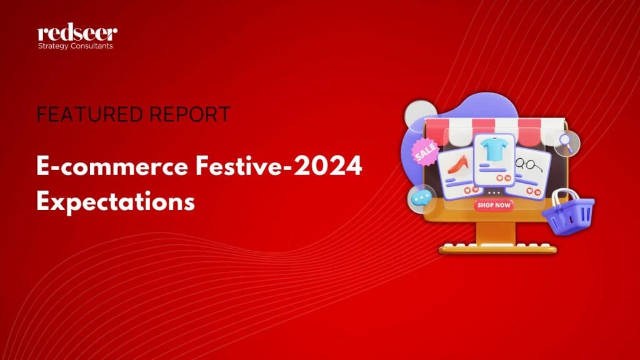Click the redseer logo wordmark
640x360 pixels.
pos(77,32)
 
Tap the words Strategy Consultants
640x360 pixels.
pos(76,46)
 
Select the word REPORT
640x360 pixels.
pos(190,114)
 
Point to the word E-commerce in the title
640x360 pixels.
pos(112,166)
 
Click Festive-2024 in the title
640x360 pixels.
pos(279,166)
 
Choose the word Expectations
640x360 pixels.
pos(116,201)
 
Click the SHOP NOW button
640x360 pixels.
pos(494,205)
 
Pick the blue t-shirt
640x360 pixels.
pos(494,149)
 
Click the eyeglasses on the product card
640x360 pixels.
pos(529,165)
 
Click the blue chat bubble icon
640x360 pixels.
pos(421,198)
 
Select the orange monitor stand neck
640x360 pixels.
pos(496,232)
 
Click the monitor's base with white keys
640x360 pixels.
pos(497,248)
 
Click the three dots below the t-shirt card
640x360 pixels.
pos(494,192)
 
